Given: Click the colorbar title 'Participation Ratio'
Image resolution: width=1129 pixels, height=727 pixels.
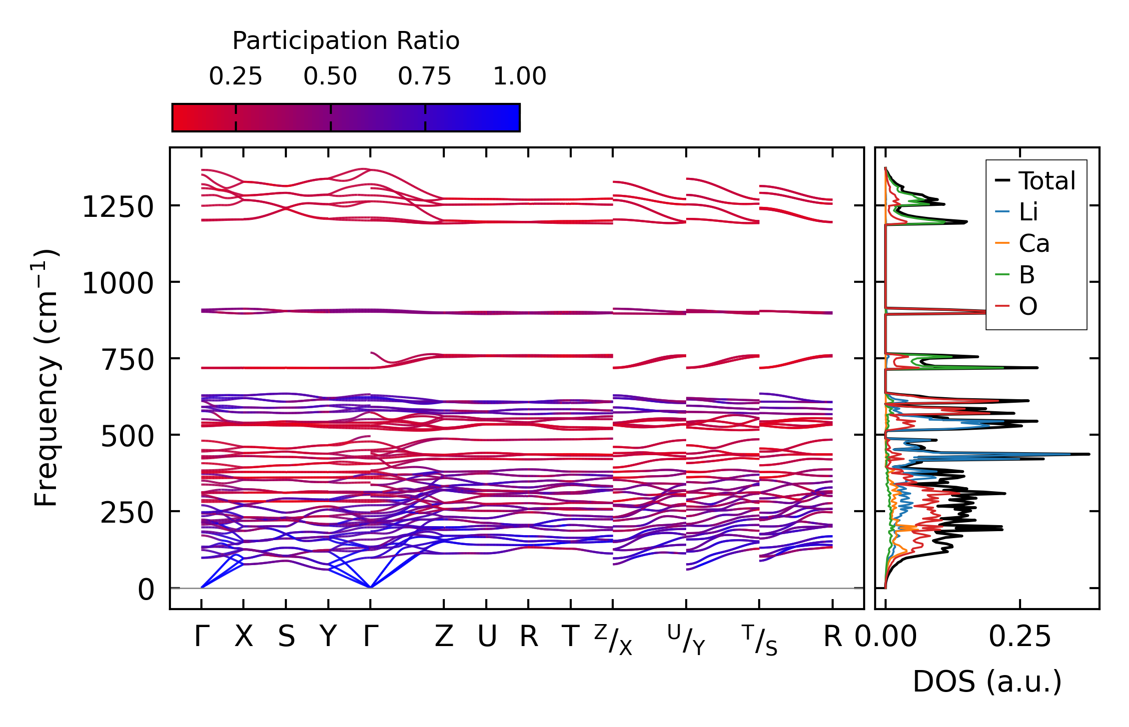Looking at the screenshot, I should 346,41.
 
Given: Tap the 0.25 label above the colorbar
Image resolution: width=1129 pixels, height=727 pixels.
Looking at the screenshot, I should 235,76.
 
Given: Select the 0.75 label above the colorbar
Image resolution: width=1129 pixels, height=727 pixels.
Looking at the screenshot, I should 425,76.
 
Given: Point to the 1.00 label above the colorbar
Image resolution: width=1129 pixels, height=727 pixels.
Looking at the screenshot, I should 520,76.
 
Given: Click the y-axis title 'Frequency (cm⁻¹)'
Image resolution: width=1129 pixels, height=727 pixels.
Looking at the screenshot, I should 46,378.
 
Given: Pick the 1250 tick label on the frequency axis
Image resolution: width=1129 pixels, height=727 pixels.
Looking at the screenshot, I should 118,207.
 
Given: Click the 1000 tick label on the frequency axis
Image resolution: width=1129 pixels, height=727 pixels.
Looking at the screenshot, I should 118,283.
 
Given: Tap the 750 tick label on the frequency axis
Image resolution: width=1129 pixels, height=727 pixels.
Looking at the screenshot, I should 127,360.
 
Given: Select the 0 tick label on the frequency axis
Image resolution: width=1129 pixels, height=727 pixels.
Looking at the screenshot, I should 146,590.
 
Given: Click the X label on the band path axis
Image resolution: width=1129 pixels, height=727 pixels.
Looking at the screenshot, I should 244,637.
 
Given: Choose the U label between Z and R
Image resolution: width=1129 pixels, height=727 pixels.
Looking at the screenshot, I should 487,637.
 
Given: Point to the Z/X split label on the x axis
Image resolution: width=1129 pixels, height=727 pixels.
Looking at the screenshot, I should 613,640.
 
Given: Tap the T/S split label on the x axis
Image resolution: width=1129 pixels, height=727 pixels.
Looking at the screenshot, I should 760,640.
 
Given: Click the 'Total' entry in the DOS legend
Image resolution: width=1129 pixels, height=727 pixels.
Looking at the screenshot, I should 1047,181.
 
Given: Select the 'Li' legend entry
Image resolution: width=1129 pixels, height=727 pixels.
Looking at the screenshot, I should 1028,212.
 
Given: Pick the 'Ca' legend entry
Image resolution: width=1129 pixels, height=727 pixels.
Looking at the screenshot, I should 1034,244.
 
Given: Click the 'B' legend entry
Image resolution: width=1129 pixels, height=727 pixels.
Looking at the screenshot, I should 1027,275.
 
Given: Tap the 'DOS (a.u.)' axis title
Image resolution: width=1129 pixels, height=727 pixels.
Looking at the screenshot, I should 987,682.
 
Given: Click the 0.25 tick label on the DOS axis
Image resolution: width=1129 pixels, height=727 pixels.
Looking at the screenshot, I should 1020,637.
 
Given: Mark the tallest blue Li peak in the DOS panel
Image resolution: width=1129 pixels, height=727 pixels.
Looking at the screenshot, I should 1070,454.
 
